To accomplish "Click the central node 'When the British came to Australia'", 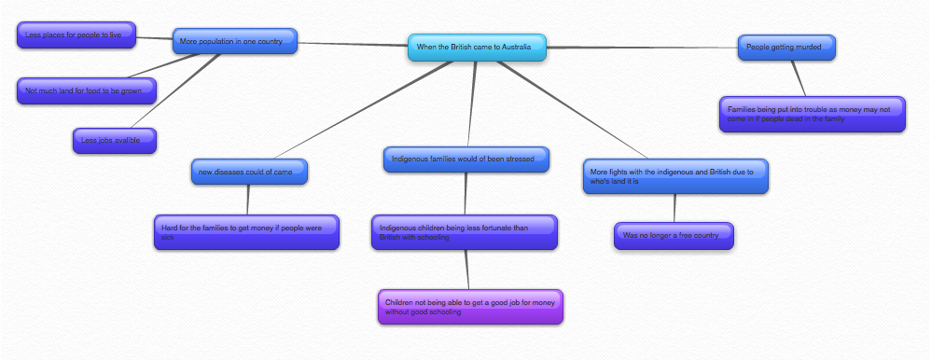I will click(477, 47).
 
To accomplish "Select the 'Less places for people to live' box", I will click(76, 36).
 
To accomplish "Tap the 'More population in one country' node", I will click(234, 41).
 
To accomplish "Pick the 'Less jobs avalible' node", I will click(114, 140).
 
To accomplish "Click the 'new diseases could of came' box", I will click(247, 172).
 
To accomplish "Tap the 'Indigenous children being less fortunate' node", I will click(464, 232).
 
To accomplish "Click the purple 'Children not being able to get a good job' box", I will click(470, 307).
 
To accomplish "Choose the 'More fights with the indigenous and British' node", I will click(675, 175).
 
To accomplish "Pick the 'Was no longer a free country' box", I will click(673, 235).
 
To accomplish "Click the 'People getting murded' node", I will click(786, 47).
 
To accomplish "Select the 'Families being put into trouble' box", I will click(812, 114).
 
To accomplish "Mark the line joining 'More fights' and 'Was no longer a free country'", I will click(674, 207).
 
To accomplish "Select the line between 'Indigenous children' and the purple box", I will click(466, 270).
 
